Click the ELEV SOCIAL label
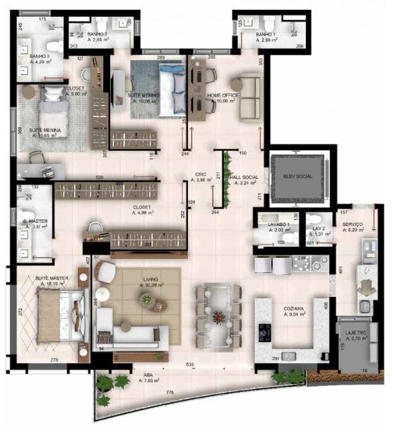(297, 176)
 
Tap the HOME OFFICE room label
(223, 96)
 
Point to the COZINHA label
(293, 309)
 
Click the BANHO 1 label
(265, 34)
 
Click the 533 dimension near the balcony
(191, 365)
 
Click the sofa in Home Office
(249, 97)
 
